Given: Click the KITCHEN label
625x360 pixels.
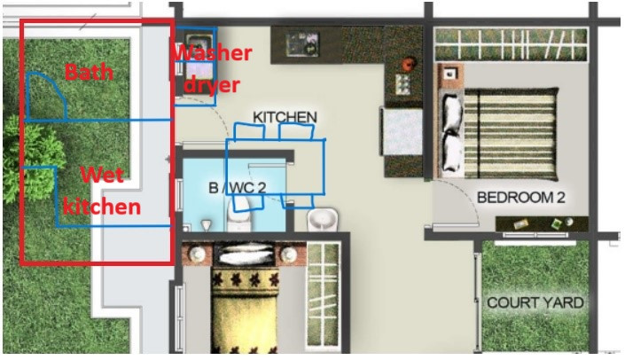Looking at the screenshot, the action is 285,117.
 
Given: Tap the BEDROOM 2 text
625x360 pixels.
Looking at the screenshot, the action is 521,198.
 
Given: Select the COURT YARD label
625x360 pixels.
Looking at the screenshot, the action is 535,302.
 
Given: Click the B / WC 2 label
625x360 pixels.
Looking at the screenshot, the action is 238,188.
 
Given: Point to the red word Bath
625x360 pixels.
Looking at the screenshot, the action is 89,72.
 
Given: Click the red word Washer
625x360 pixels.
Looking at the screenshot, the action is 214,53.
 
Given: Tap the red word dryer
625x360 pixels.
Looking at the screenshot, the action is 213,85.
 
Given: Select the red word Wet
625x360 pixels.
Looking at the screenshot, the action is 102,175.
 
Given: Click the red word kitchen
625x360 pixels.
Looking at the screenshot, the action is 102,207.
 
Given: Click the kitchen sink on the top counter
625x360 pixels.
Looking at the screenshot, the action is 302,43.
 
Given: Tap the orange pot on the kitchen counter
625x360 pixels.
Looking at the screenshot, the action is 409,63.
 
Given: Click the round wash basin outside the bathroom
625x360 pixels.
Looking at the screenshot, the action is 322,220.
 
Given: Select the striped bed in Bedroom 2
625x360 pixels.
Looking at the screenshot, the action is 498,134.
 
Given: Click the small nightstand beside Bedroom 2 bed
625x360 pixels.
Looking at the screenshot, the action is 450,74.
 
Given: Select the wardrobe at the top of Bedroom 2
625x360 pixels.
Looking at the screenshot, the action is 512,44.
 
